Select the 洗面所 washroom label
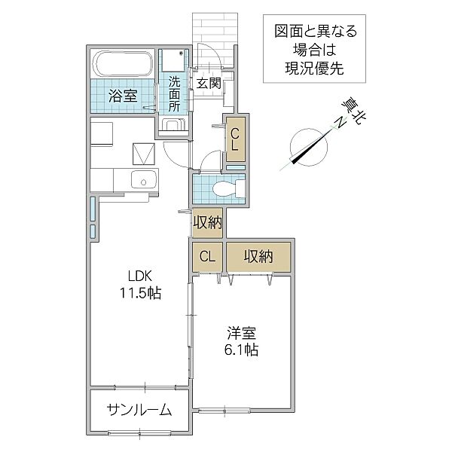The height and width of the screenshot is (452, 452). [174, 93]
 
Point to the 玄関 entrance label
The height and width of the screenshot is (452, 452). [209, 83]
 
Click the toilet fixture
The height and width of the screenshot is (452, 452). [226, 187]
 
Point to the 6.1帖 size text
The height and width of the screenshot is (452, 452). [240, 350]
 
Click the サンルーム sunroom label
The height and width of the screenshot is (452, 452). [138, 411]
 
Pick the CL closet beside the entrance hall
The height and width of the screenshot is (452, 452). [235, 141]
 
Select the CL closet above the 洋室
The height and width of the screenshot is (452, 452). [207, 257]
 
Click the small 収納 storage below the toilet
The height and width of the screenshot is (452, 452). [206, 223]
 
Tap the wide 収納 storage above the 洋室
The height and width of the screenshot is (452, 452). [258, 257]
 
